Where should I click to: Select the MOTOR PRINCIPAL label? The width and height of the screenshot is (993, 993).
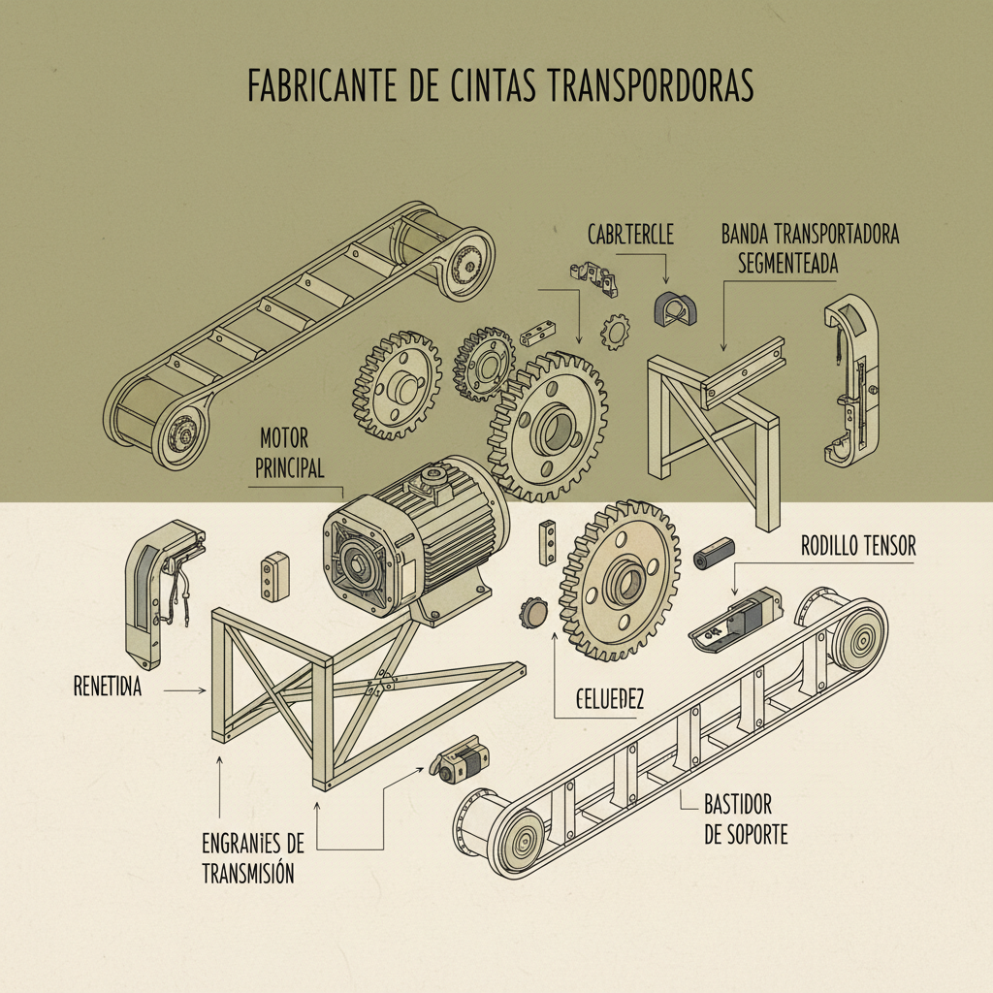pos(291,452)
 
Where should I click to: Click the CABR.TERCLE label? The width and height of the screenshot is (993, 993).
pos(630,235)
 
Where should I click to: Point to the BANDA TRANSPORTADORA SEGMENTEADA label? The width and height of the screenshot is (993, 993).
pos(811,248)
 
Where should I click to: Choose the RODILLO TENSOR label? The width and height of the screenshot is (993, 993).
pos(858,547)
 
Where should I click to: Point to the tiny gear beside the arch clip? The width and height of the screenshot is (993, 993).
pos(615,333)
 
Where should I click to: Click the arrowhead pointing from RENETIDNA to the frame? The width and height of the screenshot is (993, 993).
pos(202,689)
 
